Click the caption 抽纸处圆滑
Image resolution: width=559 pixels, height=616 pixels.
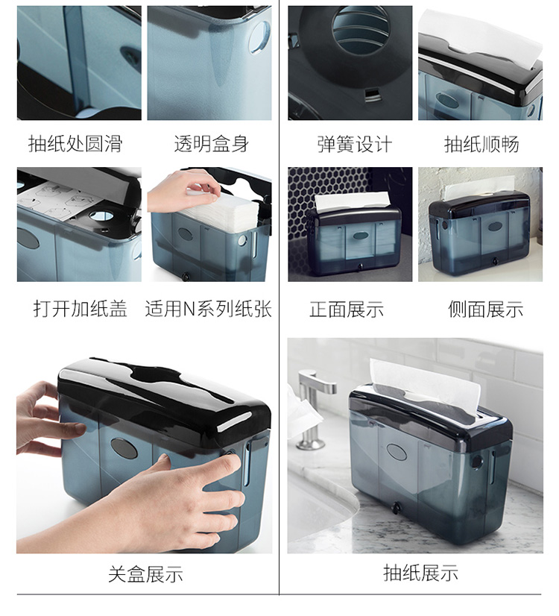[75, 144]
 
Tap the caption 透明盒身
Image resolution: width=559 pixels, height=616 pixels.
[211, 144]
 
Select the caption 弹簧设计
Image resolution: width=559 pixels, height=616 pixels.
[355, 144]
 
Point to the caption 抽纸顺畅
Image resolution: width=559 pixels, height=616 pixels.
[481, 144]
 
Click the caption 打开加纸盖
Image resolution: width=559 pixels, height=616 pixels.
[80, 309]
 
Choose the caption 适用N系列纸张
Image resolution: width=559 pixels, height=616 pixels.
[209, 309]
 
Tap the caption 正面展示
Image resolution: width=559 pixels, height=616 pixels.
[347, 309]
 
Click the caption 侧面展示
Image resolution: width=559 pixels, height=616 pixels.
[486, 309]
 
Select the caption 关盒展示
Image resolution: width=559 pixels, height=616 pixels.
[145, 574]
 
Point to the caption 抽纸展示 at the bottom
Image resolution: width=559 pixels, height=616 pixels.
[420, 573]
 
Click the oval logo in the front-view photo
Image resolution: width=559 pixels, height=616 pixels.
[360, 236]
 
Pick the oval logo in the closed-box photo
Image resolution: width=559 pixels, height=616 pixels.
[124, 449]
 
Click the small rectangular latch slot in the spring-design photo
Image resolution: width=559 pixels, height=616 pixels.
[372, 94]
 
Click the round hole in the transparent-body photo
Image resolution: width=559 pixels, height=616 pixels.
[259, 38]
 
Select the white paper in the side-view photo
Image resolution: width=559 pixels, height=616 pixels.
[480, 187]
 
